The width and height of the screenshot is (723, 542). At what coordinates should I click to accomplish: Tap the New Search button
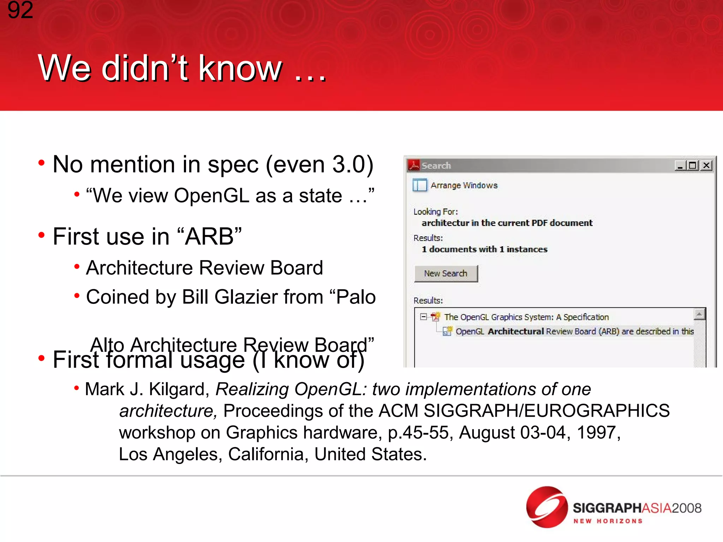tap(446, 273)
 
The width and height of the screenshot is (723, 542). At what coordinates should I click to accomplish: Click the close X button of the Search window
tap(706, 165)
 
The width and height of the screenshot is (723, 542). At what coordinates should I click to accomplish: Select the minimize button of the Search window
tap(680, 165)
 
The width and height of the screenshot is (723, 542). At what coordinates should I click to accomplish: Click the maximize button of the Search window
tap(693, 165)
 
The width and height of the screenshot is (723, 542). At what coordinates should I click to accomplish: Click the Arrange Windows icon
tap(420, 185)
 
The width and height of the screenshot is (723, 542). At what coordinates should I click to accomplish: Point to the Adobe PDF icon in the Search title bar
tap(413, 165)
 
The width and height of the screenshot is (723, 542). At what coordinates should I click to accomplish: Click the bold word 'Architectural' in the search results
tap(515, 331)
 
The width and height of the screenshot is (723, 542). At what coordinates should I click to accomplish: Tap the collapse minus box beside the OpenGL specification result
tap(423, 317)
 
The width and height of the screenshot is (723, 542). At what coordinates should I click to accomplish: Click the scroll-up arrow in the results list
tap(699, 314)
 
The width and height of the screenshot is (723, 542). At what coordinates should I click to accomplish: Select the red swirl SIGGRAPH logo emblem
tap(546, 507)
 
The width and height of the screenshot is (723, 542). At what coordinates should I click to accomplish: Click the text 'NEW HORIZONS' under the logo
tap(608, 521)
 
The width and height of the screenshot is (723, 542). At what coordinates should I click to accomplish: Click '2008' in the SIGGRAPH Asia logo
tap(686, 508)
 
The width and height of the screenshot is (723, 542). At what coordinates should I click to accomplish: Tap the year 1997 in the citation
tap(596, 432)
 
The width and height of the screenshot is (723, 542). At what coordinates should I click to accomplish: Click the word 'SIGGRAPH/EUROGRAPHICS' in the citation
tap(546, 411)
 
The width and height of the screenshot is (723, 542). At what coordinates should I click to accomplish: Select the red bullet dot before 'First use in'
tap(42, 235)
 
